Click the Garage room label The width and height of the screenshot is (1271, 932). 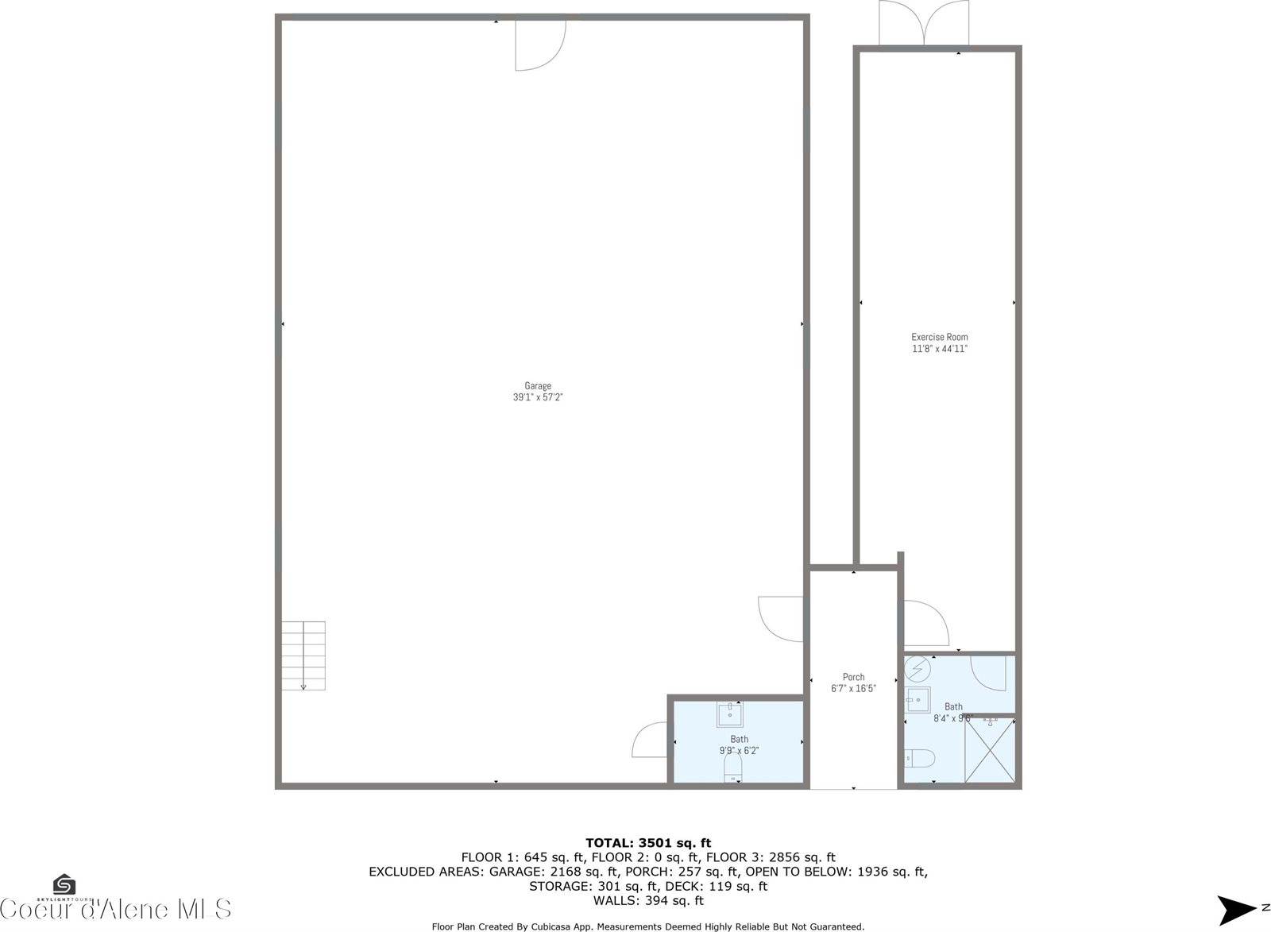pyautogui.click(x=538, y=386)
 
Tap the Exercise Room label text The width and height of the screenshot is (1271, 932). pyautogui.click(x=939, y=337)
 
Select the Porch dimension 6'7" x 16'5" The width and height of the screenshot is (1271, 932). pyautogui.click(x=853, y=689)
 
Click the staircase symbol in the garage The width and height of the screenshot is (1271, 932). pyautogui.click(x=303, y=655)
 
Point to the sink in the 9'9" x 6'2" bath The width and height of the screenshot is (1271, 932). pyautogui.click(x=729, y=715)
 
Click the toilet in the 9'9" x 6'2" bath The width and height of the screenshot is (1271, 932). pyautogui.click(x=732, y=768)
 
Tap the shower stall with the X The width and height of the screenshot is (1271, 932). pyautogui.click(x=990, y=751)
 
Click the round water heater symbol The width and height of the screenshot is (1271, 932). pyautogui.click(x=918, y=670)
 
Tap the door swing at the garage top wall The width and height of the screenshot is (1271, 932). pyautogui.click(x=540, y=44)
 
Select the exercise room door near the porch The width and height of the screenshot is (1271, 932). pyautogui.click(x=926, y=623)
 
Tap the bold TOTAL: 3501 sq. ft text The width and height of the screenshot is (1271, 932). pyautogui.click(x=647, y=843)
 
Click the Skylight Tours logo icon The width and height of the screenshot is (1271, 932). pyautogui.click(x=64, y=884)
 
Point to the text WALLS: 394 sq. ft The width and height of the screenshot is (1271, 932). pyautogui.click(x=647, y=901)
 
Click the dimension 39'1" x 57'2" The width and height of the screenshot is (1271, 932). pyautogui.click(x=538, y=397)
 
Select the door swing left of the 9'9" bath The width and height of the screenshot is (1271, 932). pyautogui.click(x=650, y=740)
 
